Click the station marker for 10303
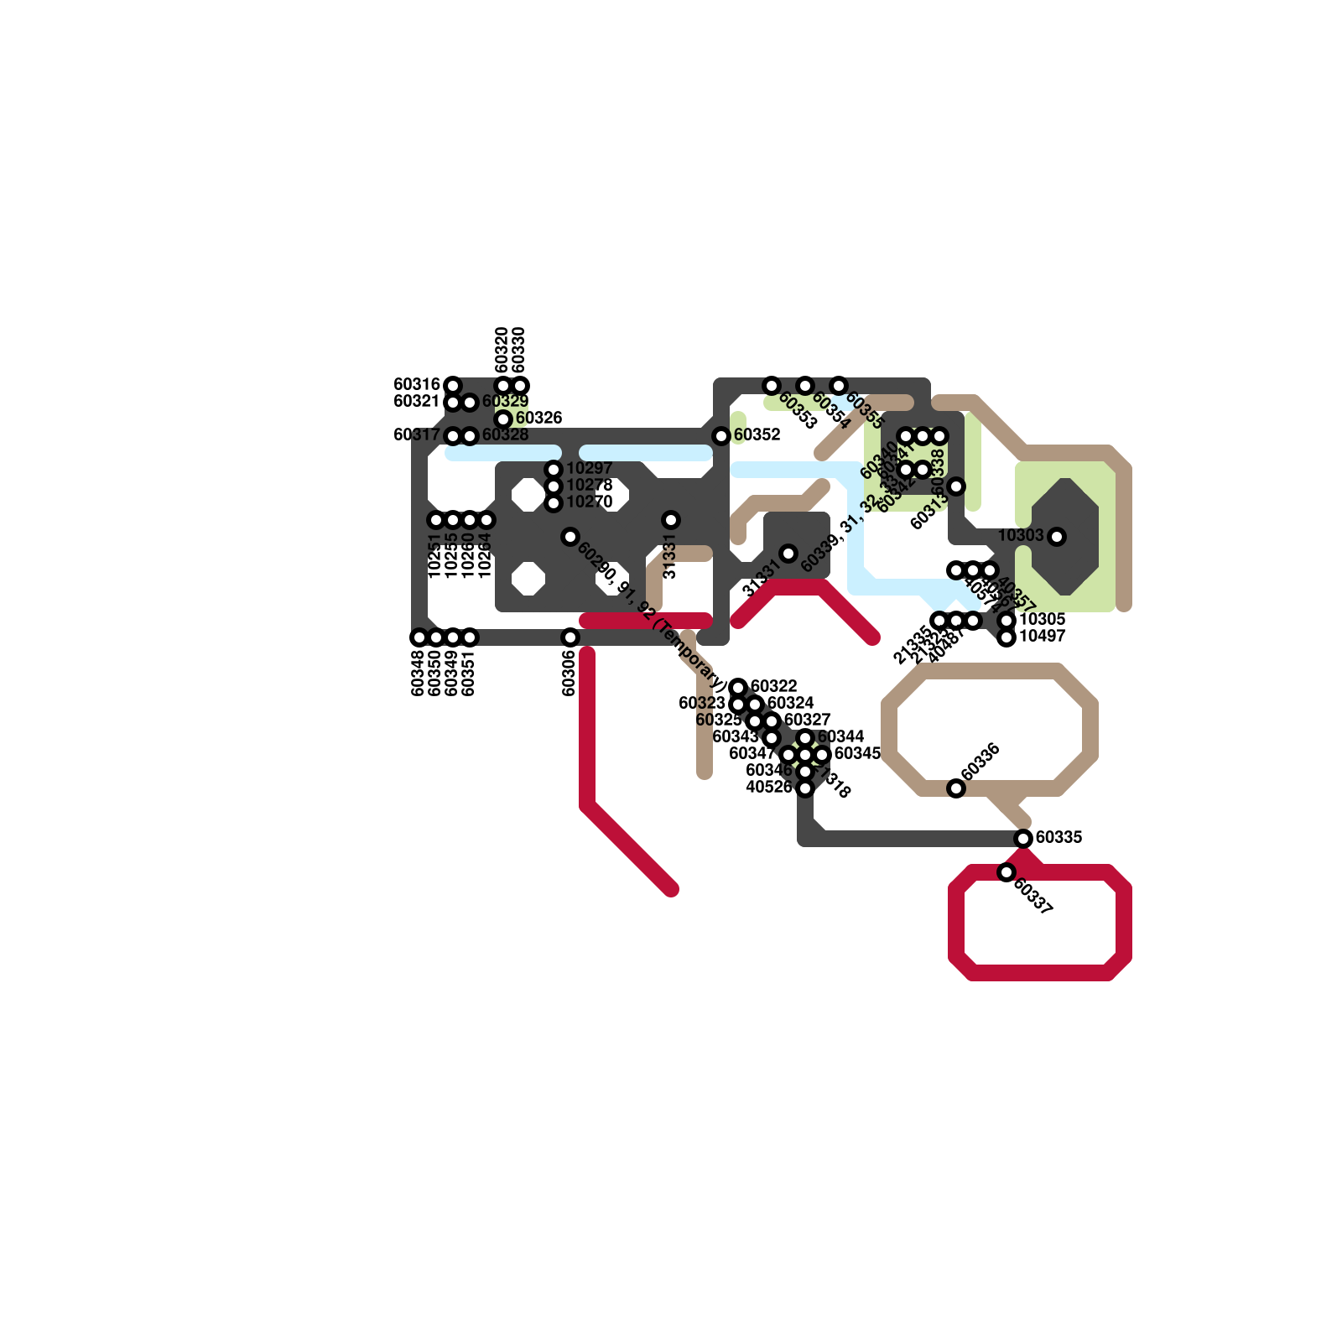click(1057, 537)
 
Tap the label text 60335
click(1059, 837)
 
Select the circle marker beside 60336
click(956, 788)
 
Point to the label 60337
click(1033, 897)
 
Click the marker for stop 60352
click(721, 436)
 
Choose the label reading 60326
click(538, 418)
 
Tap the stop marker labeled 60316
click(453, 386)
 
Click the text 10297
click(589, 468)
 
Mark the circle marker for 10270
click(554, 503)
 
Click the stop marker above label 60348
click(419, 637)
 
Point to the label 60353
click(797, 410)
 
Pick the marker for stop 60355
click(839, 386)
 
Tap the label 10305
click(1042, 619)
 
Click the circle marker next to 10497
click(1006, 637)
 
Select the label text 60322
click(773, 686)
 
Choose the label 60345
click(857, 753)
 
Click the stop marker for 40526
click(805, 788)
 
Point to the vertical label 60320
click(502, 350)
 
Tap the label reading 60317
click(417, 434)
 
